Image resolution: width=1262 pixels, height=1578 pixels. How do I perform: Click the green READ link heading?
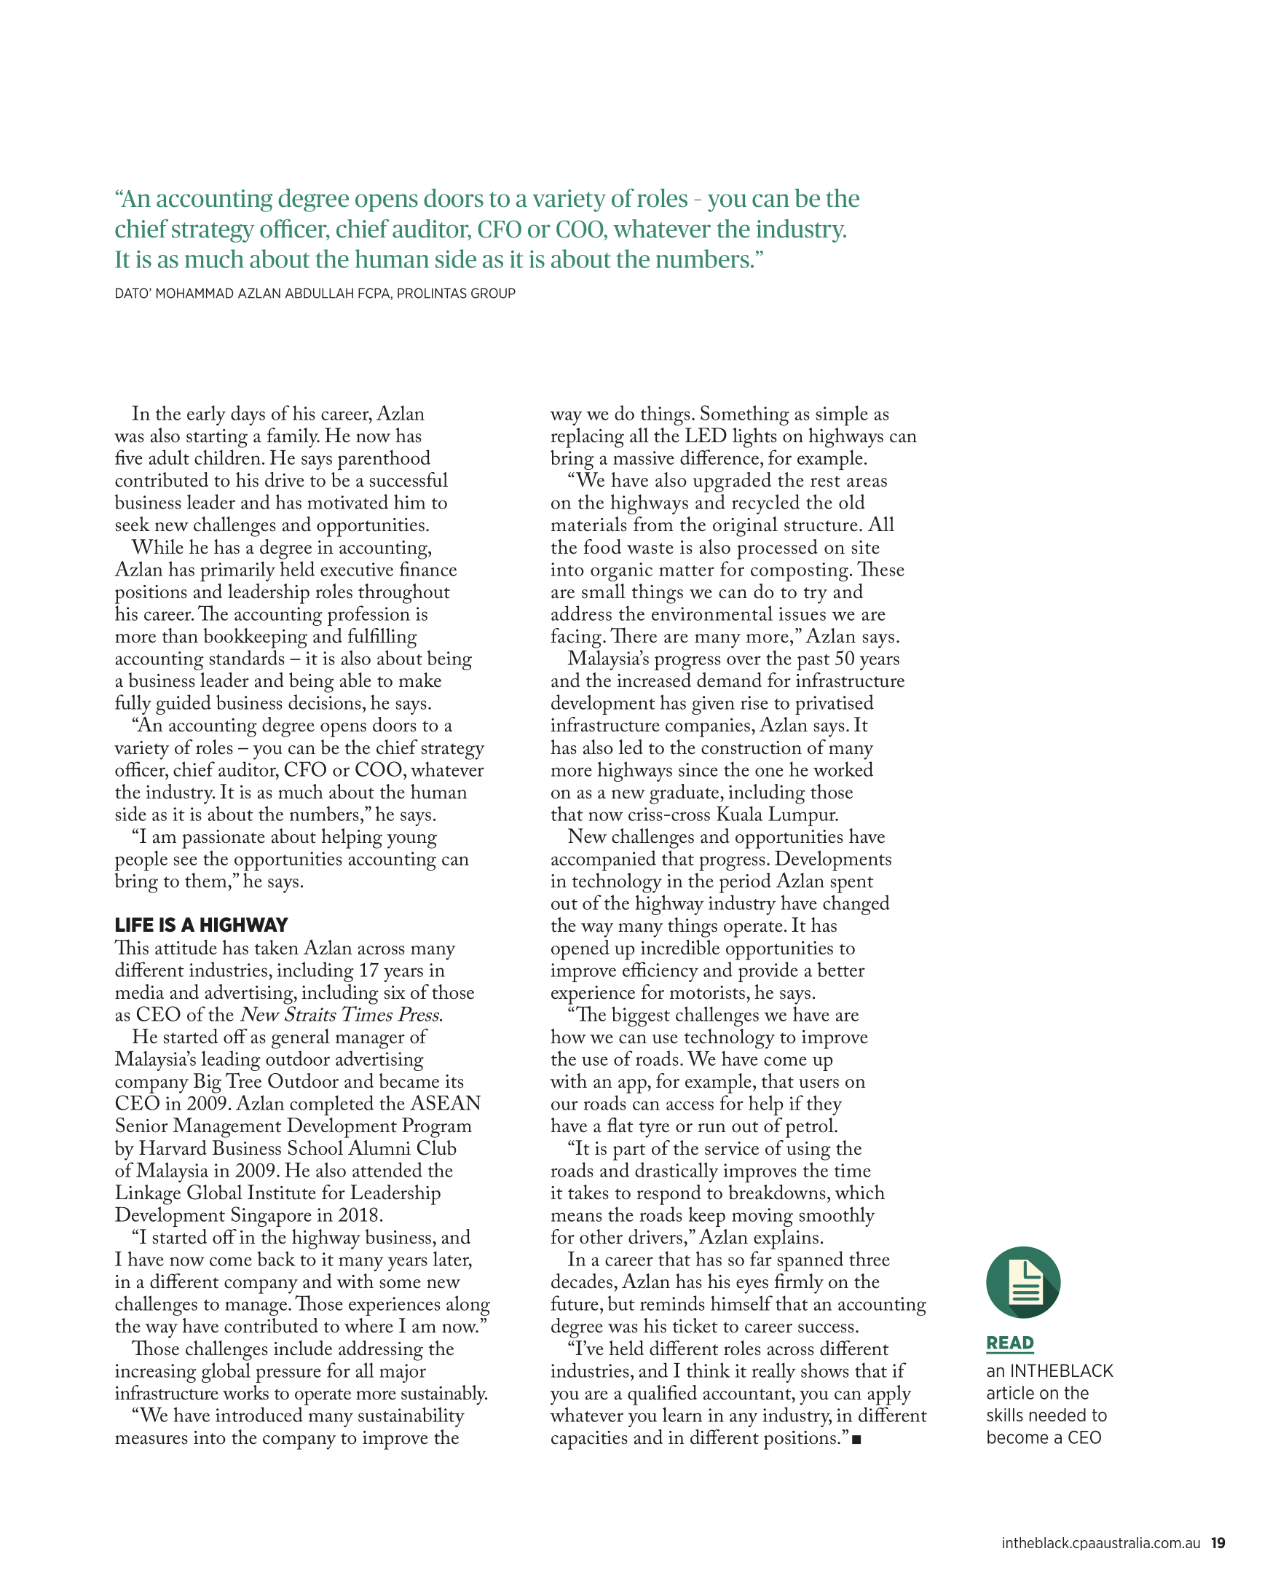pyautogui.click(x=1009, y=1343)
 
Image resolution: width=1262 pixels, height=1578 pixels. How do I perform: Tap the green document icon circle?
pyautogui.click(x=1022, y=1282)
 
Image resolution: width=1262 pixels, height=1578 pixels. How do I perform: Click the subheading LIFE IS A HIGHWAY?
pyautogui.click(x=201, y=925)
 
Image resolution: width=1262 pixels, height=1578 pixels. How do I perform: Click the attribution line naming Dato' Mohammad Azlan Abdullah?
pyautogui.click(x=315, y=294)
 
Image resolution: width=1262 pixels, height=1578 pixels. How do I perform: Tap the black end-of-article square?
pyautogui.click(x=856, y=1440)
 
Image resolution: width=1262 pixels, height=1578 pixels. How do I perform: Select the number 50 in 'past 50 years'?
pyautogui.click(x=845, y=659)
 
